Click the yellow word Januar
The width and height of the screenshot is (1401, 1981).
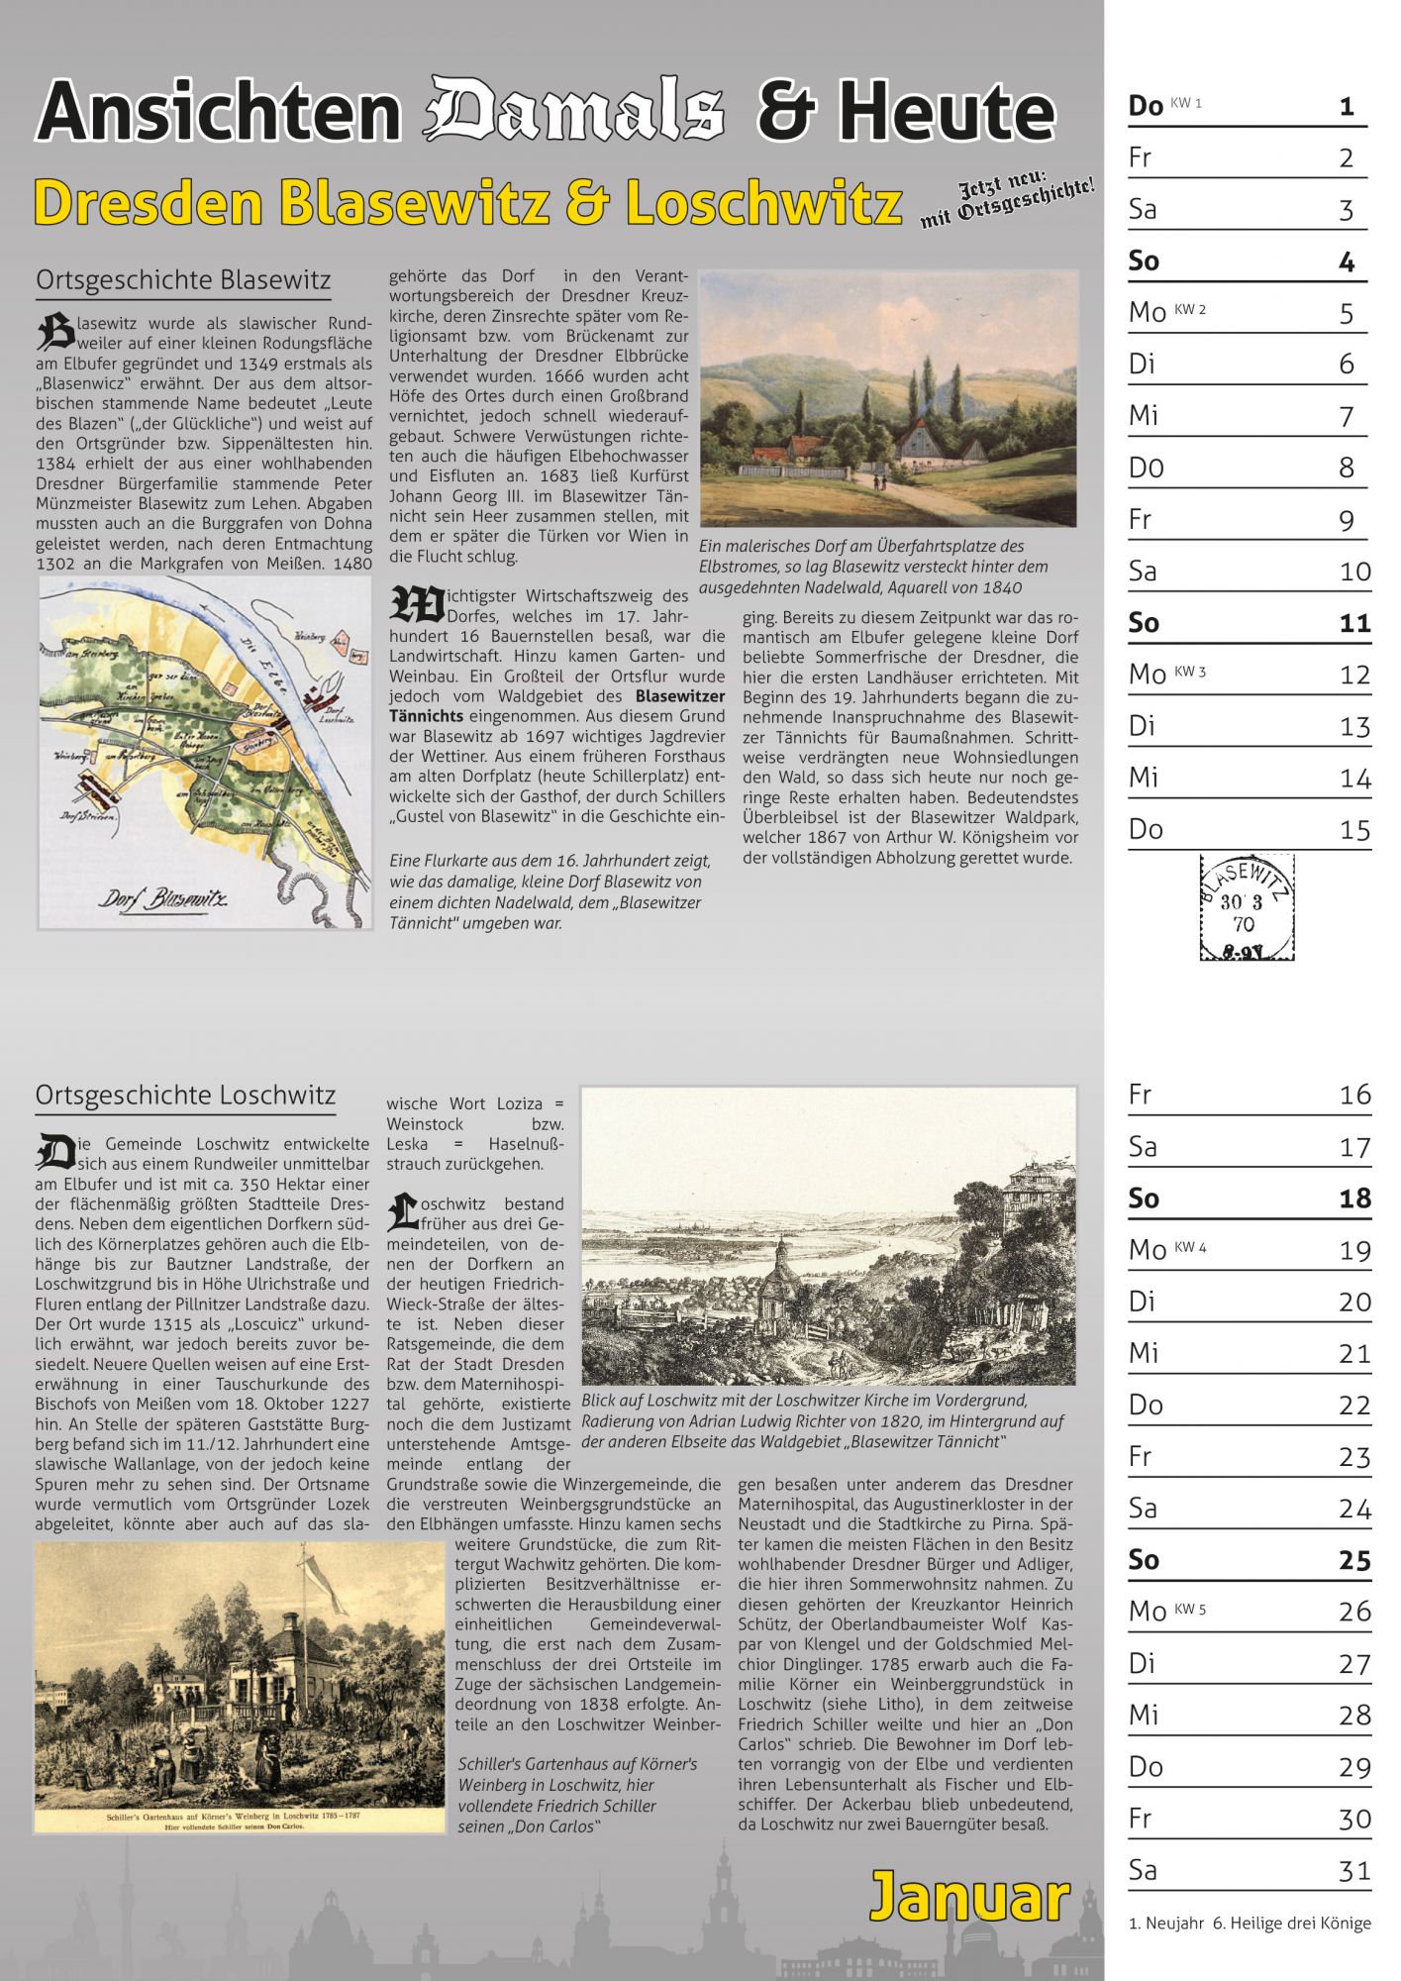click(969, 1897)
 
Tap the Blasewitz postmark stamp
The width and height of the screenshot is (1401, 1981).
click(1247, 907)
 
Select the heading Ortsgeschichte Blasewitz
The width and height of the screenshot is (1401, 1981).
click(183, 280)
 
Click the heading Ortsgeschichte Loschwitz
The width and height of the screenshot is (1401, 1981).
click(185, 1095)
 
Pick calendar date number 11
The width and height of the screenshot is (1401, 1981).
click(1354, 623)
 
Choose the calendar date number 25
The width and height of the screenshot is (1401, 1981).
click(1354, 1560)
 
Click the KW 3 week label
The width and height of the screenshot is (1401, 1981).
click(1190, 672)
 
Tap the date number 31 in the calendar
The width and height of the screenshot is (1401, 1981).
click(1354, 1870)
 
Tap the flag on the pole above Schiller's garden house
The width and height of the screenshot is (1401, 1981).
click(327, 1581)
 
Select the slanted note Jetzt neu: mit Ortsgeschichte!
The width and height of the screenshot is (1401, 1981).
click(1007, 198)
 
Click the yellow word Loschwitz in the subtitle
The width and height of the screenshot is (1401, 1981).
click(763, 202)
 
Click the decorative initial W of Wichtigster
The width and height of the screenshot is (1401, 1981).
click(416, 606)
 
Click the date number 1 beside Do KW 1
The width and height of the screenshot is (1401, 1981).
click(1347, 106)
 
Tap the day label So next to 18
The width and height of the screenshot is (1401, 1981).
click(1144, 1199)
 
